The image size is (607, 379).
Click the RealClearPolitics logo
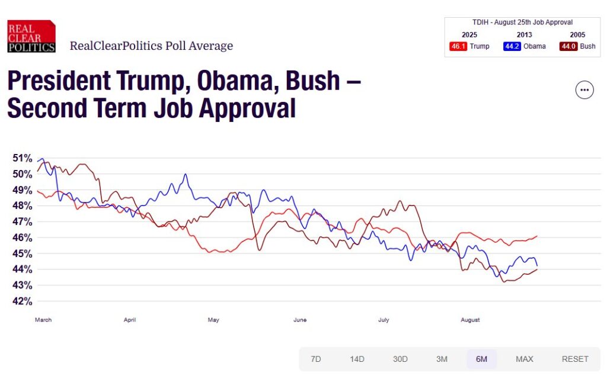tap(31, 37)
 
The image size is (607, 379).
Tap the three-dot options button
tap(584, 90)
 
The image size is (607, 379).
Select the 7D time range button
tap(316, 359)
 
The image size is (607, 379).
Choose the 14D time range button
tap(357, 359)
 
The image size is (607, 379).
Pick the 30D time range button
tap(400, 359)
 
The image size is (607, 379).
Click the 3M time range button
tap(442, 359)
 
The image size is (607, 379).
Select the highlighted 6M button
tap(481, 359)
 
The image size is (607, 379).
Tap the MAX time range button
tap(525, 359)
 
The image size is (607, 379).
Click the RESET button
tap(575, 359)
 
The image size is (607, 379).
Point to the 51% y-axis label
tap(22, 158)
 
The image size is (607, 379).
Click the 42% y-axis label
tap(22, 301)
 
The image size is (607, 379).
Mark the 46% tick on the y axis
tap(22, 237)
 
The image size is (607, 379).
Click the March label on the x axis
tap(43, 320)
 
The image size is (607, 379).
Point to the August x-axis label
tap(470, 320)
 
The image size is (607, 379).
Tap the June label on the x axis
tap(300, 320)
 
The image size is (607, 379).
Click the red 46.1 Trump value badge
tap(458, 46)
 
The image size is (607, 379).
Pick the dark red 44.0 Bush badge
tap(568, 46)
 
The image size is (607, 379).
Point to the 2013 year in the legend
tap(524, 35)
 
